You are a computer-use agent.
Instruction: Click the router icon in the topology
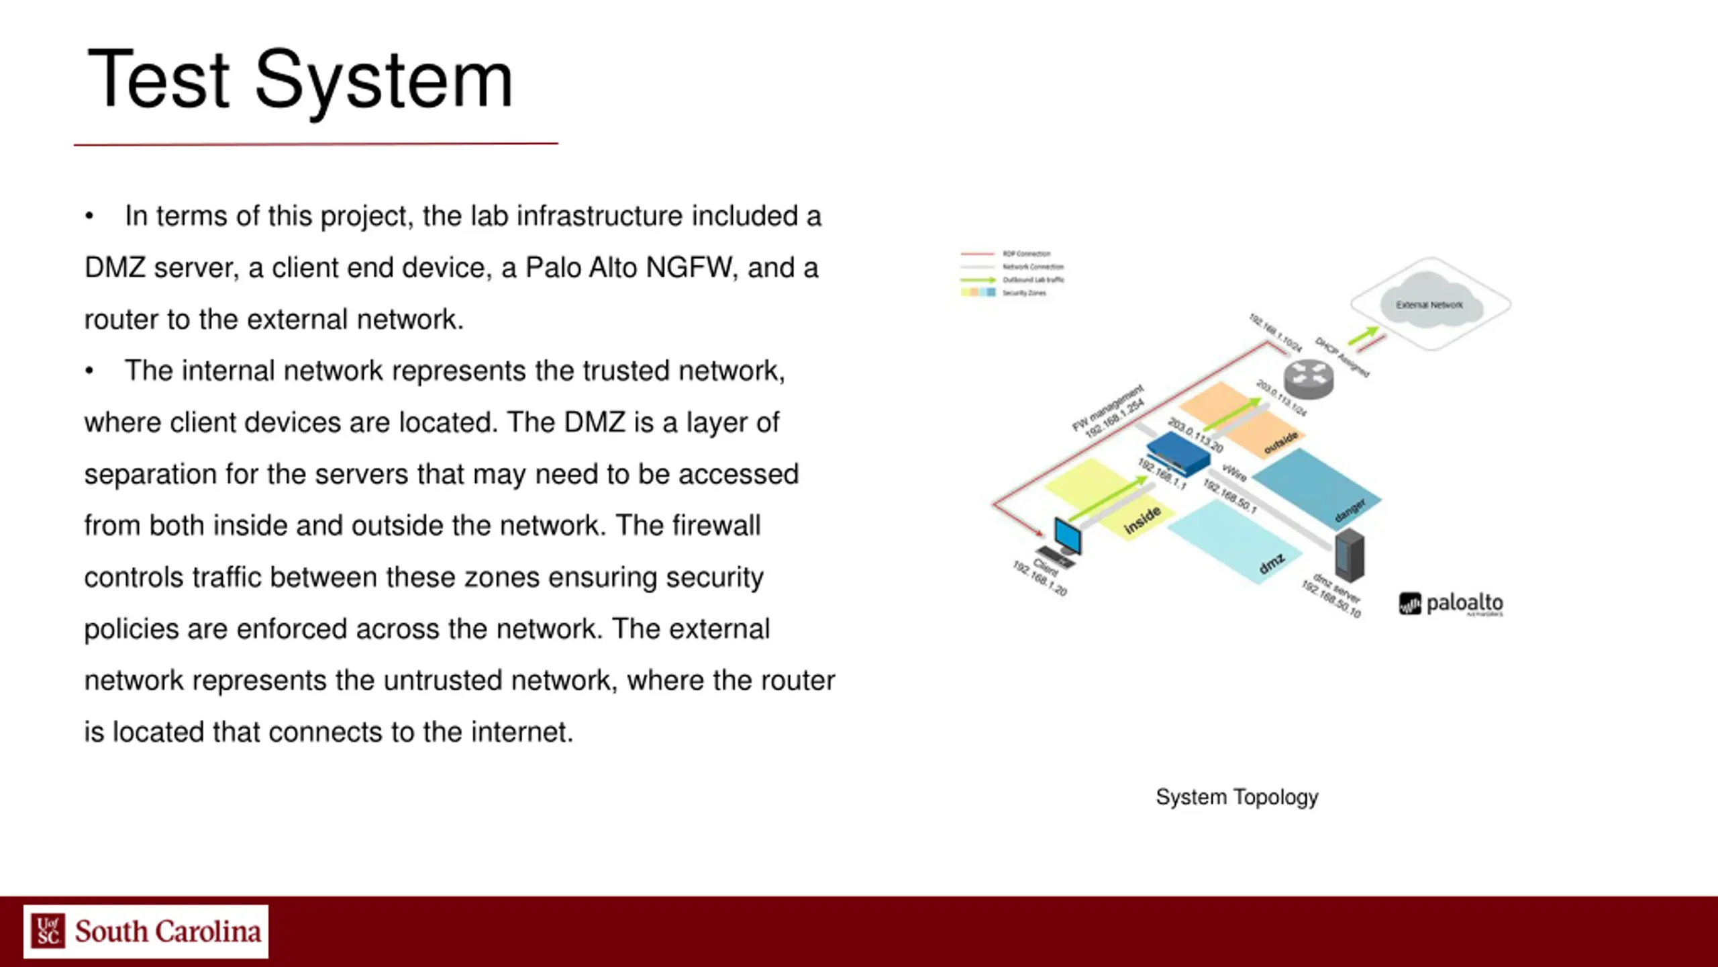pyautogui.click(x=1309, y=379)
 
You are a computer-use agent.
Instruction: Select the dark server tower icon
pyautogui.click(x=1349, y=555)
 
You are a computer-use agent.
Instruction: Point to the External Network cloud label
pyautogui.click(x=1429, y=305)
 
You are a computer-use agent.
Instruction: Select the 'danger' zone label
pyautogui.click(x=1350, y=510)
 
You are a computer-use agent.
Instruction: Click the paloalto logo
pyautogui.click(x=1451, y=604)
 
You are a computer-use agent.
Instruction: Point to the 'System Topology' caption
pyautogui.click(x=1237, y=797)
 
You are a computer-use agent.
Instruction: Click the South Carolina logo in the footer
pyautogui.click(x=146, y=931)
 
